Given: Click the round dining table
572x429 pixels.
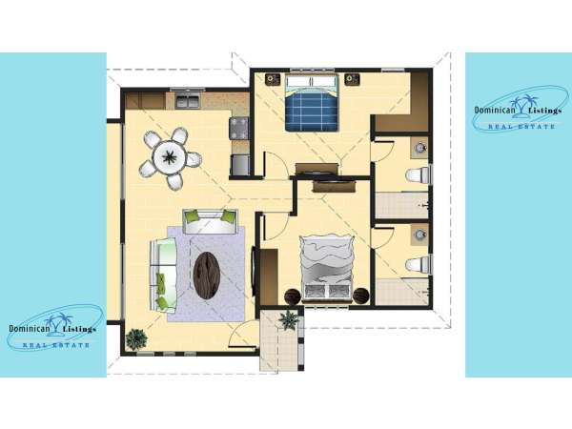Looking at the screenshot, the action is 170,157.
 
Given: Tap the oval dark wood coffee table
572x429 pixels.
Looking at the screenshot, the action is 207,276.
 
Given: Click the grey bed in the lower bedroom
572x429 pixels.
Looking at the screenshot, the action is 327,268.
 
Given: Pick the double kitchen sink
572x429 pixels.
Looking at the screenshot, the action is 188,100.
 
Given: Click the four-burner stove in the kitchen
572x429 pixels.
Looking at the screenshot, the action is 239,128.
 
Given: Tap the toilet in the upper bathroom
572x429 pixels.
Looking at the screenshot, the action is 418,174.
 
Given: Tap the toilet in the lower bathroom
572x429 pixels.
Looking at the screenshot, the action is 418,264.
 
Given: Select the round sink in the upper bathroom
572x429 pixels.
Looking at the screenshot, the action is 419,148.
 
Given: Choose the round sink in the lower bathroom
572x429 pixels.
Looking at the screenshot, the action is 419,235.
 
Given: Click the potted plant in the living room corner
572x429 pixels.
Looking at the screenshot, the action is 136,339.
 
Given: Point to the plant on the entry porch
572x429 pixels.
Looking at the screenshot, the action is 289,320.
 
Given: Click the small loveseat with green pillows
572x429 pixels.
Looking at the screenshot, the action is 210,221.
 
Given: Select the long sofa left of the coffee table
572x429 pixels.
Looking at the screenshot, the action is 163,276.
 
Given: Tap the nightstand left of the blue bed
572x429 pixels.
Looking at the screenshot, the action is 273,79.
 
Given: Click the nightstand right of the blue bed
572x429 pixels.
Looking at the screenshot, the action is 353,79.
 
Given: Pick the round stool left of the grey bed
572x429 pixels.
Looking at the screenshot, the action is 293,296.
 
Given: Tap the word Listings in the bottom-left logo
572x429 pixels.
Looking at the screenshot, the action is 79,329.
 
